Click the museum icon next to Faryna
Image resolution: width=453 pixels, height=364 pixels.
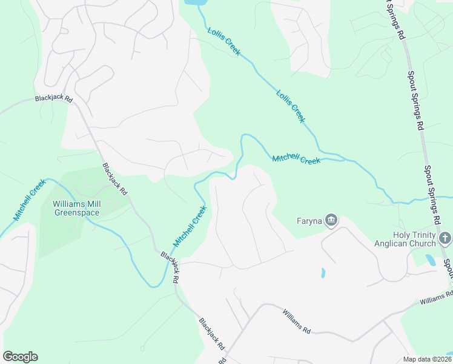tap(331, 220)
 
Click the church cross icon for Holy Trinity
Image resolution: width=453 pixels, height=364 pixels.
tap(446, 238)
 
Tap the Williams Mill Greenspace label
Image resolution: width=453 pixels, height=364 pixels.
tap(76, 208)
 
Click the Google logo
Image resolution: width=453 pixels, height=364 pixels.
tap(20, 357)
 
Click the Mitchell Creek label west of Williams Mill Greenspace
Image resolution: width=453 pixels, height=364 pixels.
tap(30, 200)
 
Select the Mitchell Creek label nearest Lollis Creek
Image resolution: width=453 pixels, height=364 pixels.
tap(296, 159)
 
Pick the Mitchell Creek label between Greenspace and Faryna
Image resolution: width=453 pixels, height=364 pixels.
tap(190, 226)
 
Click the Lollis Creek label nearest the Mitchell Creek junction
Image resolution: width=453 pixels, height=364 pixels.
tap(291, 106)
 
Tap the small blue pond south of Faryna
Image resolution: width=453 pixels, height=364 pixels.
tap(323, 272)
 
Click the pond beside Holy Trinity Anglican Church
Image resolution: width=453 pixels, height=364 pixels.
tap(430, 260)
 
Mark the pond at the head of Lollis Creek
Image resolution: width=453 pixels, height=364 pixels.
tap(194, 2)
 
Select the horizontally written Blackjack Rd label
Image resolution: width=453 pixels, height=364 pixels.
tap(53, 98)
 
